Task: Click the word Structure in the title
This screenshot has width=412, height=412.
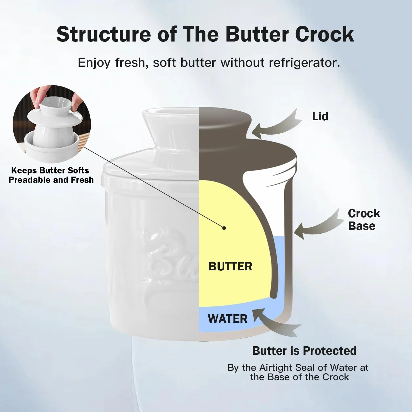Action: (104, 34)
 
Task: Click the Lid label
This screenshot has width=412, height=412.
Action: (320, 116)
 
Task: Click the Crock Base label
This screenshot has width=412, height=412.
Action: (364, 220)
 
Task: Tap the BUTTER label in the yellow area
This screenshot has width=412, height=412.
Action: (230, 266)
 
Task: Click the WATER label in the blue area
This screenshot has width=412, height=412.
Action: (228, 319)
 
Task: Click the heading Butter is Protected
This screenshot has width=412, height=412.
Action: (304, 351)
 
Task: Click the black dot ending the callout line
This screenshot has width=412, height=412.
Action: (224, 228)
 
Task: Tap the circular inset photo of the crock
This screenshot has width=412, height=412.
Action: (52, 124)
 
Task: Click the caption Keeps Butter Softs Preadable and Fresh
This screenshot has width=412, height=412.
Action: (51, 175)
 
